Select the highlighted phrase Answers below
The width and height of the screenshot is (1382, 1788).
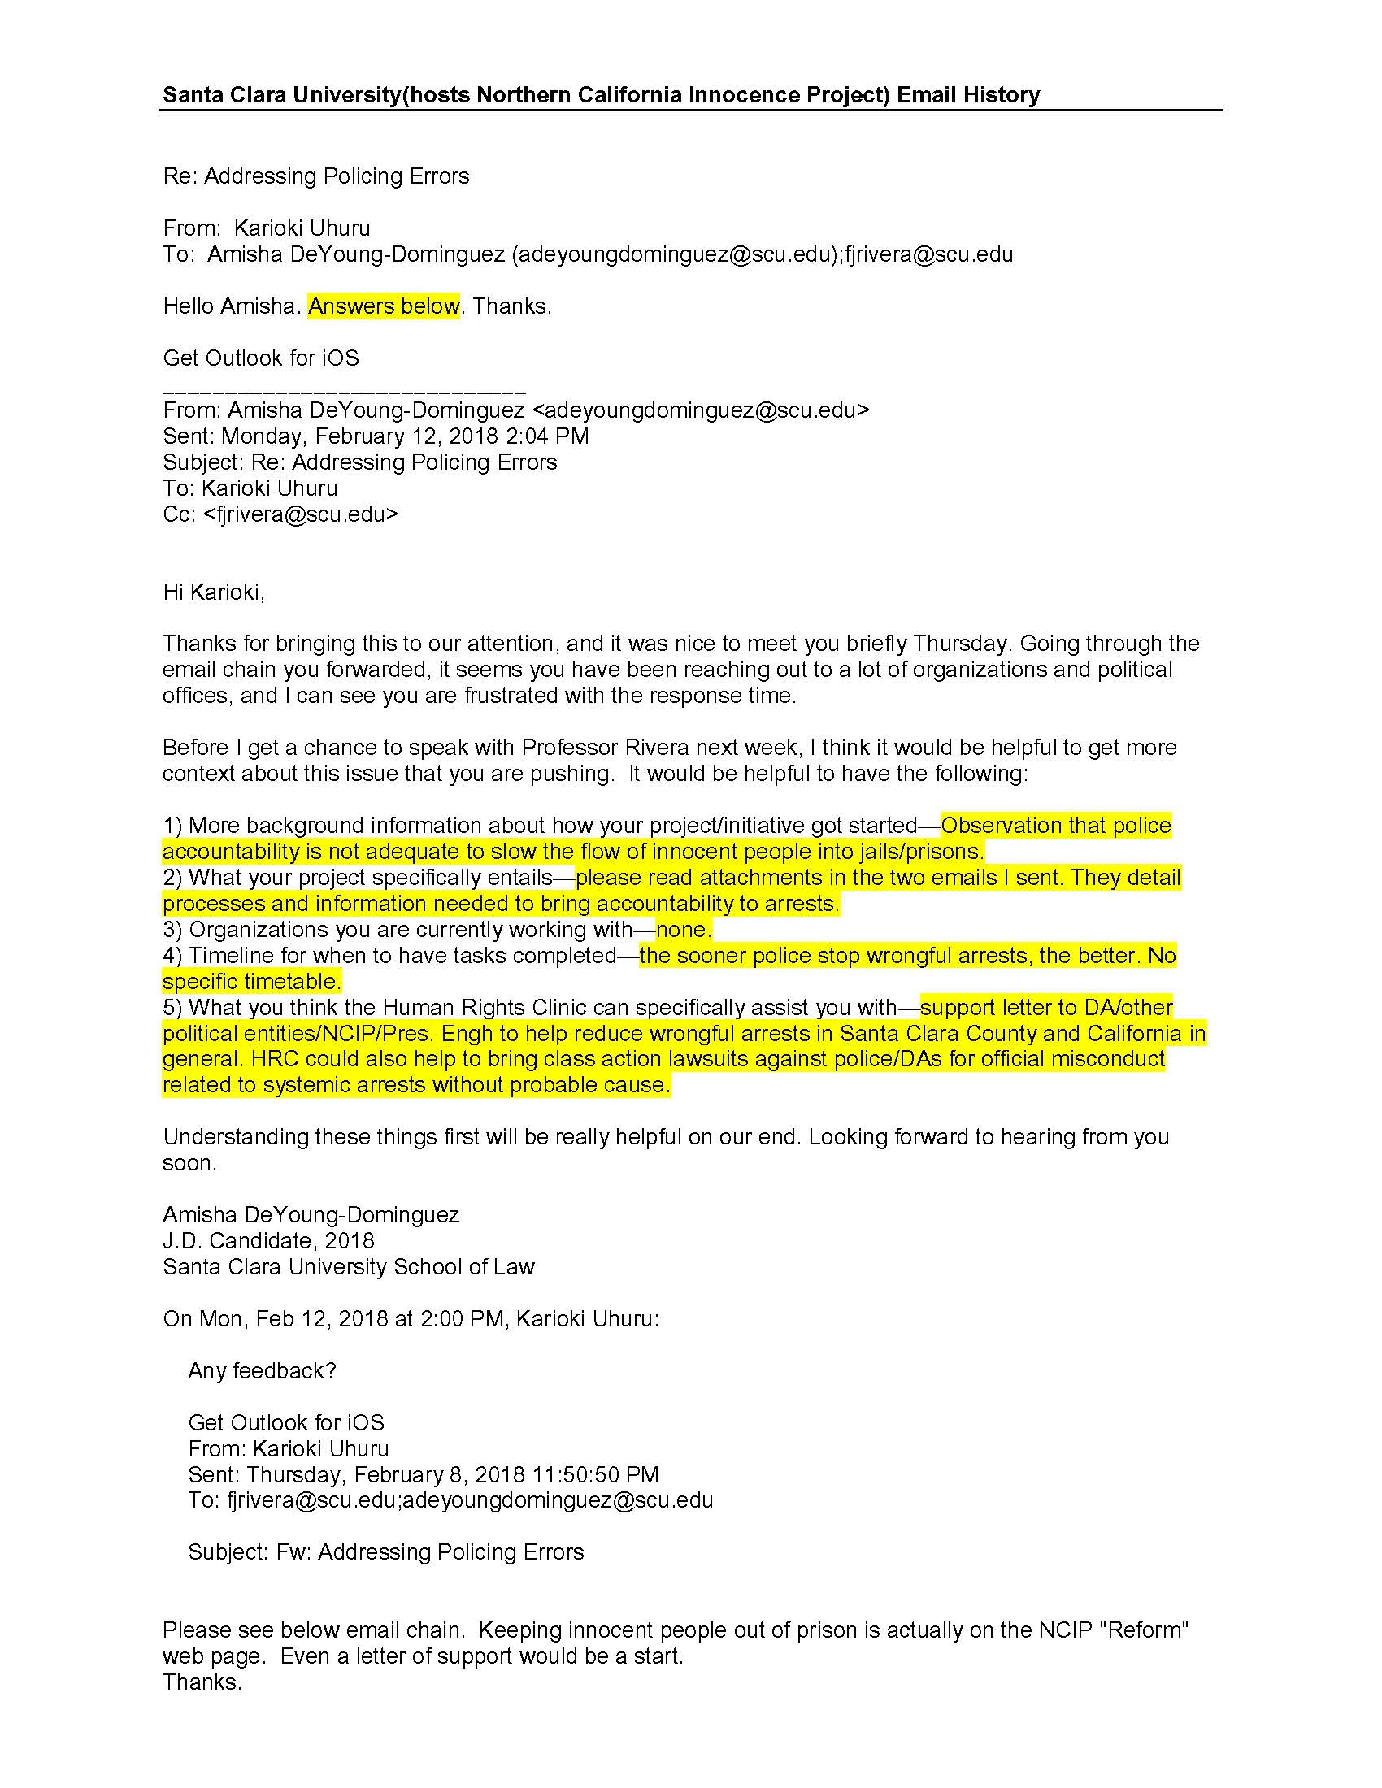[x=383, y=306]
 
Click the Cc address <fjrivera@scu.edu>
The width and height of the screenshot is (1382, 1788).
[x=301, y=514]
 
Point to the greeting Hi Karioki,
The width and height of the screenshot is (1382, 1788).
[x=214, y=592]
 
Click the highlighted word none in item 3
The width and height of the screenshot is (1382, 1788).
[x=683, y=930]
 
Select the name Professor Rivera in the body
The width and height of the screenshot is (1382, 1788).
[x=605, y=748]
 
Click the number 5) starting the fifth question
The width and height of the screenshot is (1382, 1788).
[x=172, y=1008]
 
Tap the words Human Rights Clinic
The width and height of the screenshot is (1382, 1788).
[x=485, y=1008]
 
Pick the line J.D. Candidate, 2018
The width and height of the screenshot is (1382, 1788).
[x=268, y=1241]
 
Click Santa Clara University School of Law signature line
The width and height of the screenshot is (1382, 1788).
[x=348, y=1267]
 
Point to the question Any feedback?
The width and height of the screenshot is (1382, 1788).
[x=262, y=1371]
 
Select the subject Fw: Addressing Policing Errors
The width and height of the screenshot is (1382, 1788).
[x=430, y=1553]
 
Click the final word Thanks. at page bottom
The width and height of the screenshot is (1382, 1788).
[x=202, y=1682]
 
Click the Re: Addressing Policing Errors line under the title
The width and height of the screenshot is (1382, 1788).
[x=316, y=176]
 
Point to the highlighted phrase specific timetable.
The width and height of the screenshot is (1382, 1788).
[x=251, y=982]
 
